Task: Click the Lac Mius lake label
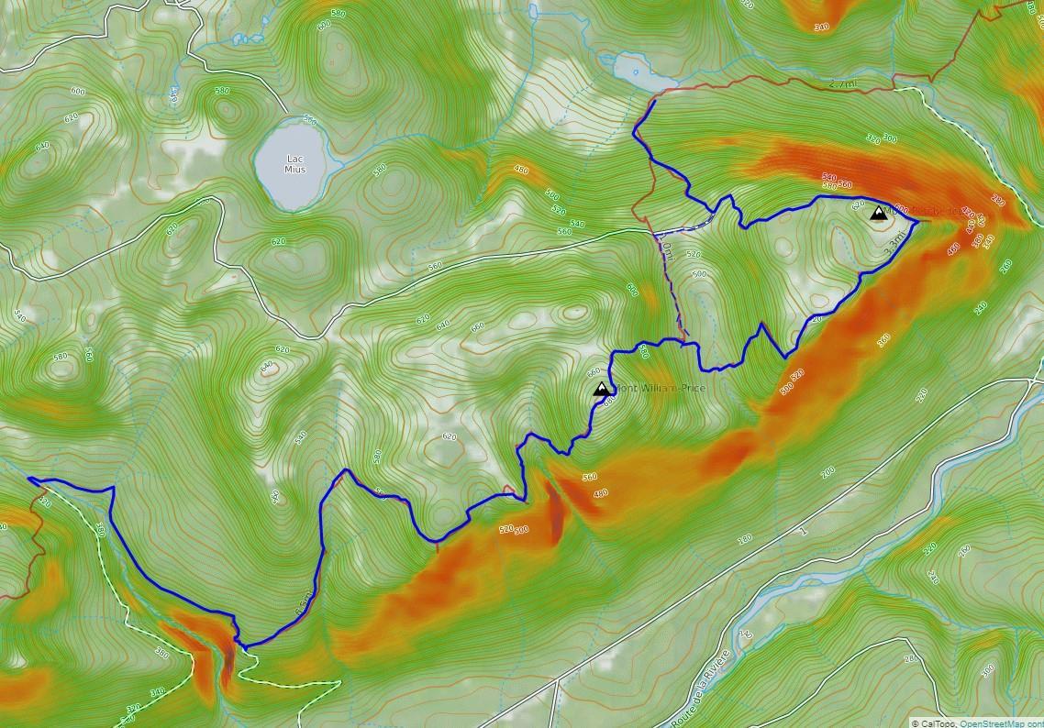(x=294, y=163)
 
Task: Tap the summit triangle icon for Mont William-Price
(x=602, y=389)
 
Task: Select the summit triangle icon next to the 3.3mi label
(x=878, y=214)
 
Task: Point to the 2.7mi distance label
(x=842, y=83)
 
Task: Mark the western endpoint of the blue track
(x=29, y=479)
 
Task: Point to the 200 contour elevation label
(x=828, y=472)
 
